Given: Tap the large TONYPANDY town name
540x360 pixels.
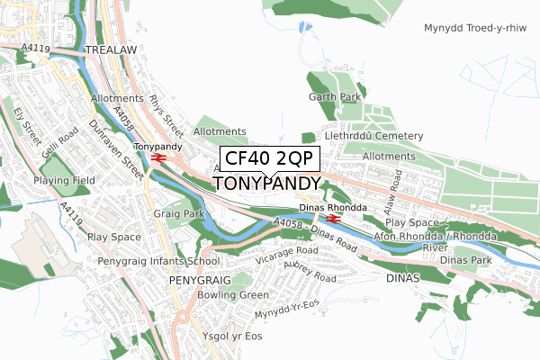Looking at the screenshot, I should pyautogui.click(x=266, y=184).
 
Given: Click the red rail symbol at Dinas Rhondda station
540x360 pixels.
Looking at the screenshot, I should pyautogui.click(x=332, y=218).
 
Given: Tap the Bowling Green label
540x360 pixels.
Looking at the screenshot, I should pyautogui.click(x=233, y=295).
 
